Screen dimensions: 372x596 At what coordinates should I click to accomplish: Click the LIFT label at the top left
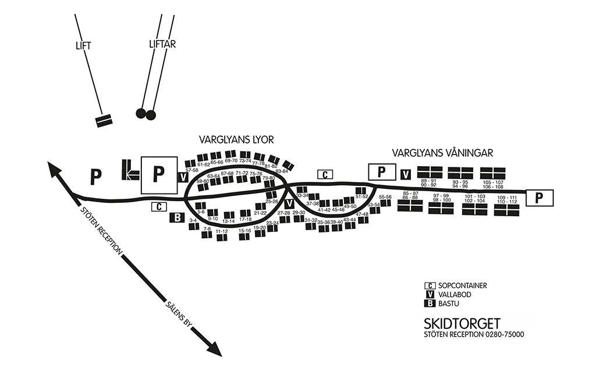tap(83, 45)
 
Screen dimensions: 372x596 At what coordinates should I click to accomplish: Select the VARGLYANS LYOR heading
tap(236, 139)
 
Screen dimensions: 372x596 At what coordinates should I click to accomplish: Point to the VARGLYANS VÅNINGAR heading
tap(442, 153)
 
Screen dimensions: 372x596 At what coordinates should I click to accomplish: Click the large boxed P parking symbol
tap(158, 175)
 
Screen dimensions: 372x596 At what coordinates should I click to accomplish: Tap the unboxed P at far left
tap(95, 176)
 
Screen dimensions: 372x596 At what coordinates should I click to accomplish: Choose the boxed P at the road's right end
tap(540, 198)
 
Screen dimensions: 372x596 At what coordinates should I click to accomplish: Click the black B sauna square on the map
tap(176, 218)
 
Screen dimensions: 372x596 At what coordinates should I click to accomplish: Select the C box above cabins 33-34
tap(325, 174)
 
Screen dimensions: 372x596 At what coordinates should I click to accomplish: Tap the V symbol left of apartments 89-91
tap(406, 174)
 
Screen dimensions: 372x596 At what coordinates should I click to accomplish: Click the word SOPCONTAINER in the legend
tap(463, 285)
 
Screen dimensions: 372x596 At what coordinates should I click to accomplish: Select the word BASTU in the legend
tap(449, 303)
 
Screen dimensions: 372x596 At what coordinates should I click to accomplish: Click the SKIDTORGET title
tap(462, 323)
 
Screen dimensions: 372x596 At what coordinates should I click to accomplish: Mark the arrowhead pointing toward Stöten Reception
tap(55, 170)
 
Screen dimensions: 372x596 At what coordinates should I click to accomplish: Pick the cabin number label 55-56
tap(385, 197)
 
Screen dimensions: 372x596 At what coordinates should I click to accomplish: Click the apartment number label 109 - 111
tap(507, 198)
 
